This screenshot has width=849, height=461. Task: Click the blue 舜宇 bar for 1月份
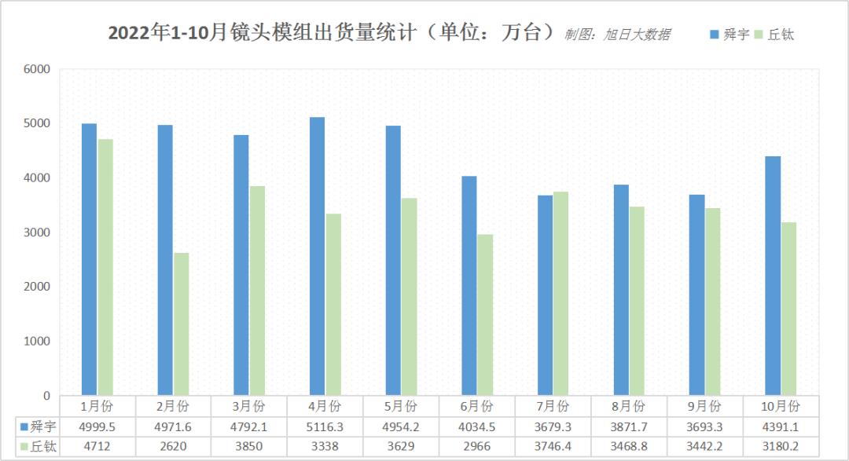pyautogui.click(x=89, y=259)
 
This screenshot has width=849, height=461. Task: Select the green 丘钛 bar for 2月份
pyautogui.click(x=182, y=324)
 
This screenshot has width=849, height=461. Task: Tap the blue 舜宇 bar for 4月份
pyautogui.click(x=318, y=256)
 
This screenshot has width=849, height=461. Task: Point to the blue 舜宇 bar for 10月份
pyautogui.click(x=773, y=276)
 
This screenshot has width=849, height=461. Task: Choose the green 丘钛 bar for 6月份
pyautogui.click(x=485, y=314)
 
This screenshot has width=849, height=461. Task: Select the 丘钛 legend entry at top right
pyautogui.click(x=774, y=35)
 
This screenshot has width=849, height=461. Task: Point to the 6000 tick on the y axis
pyautogui.click(x=37, y=69)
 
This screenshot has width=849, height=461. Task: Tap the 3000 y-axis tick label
pyautogui.click(x=37, y=232)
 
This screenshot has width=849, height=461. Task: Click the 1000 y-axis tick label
pyautogui.click(x=37, y=341)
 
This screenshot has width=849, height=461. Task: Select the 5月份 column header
pyautogui.click(x=400, y=406)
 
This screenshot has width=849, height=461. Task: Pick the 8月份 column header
pyautogui.click(x=628, y=406)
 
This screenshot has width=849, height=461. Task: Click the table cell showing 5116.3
pyautogui.click(x=324, y=426)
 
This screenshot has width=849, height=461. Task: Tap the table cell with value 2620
pyautogui.click(x=172, y=446)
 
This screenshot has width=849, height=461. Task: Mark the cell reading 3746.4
pyautogui.click(x=553, y=446)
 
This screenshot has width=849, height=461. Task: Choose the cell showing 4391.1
pyautogui.click(x=781, y=426)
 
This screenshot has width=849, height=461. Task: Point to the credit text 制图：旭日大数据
pyautogui.click(x=617, y=35)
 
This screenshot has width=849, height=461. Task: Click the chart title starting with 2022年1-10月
pyautogui.click(x=330, y=33)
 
